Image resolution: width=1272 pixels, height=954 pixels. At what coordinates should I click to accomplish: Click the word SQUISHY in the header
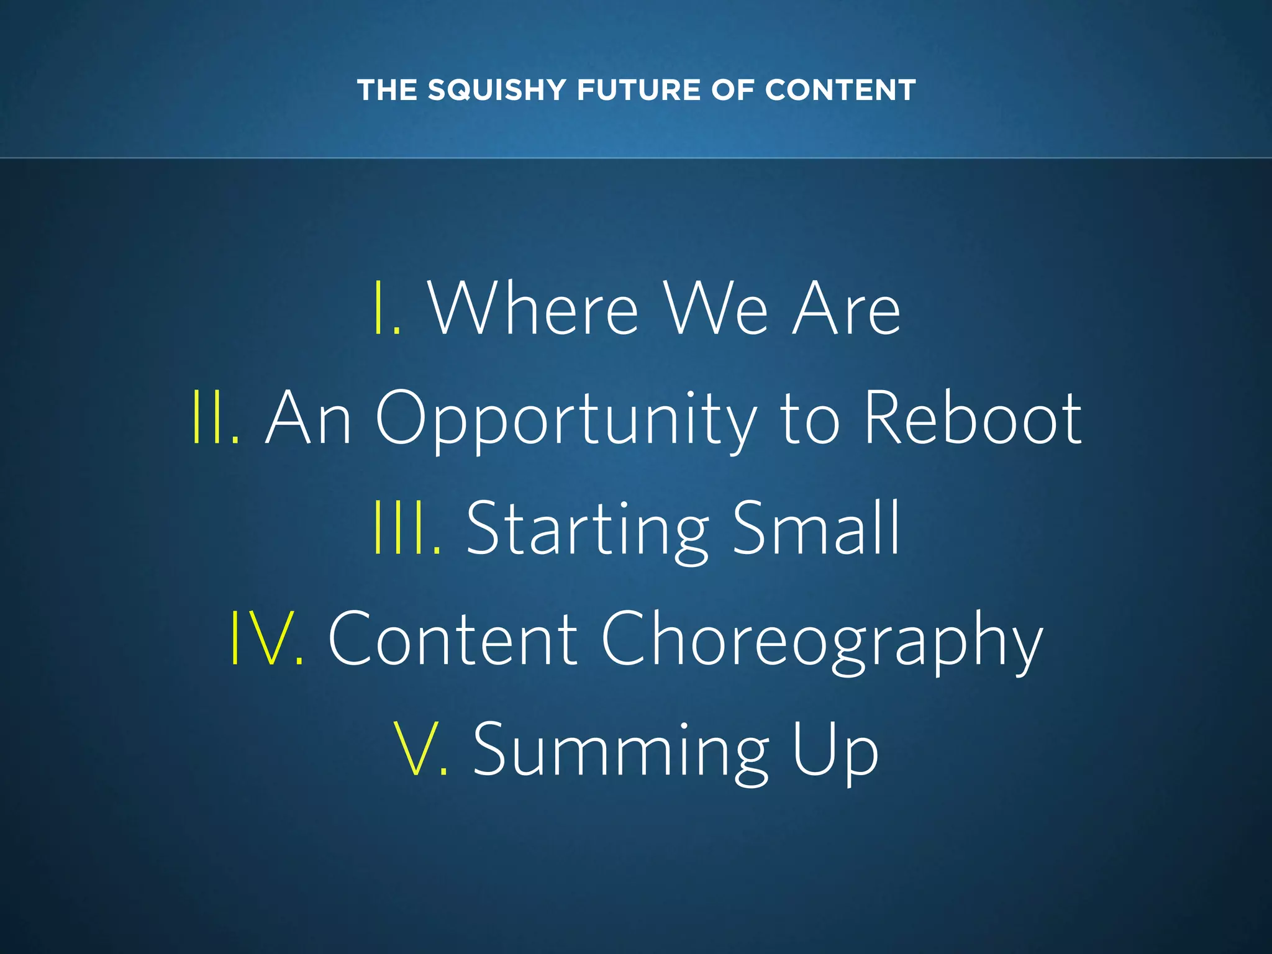(496, 90)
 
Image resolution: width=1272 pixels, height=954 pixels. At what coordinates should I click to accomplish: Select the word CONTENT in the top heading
(840, 90)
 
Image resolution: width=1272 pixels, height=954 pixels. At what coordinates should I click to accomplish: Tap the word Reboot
(973, 417)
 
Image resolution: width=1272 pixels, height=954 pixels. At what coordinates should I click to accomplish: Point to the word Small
(816, 527)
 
